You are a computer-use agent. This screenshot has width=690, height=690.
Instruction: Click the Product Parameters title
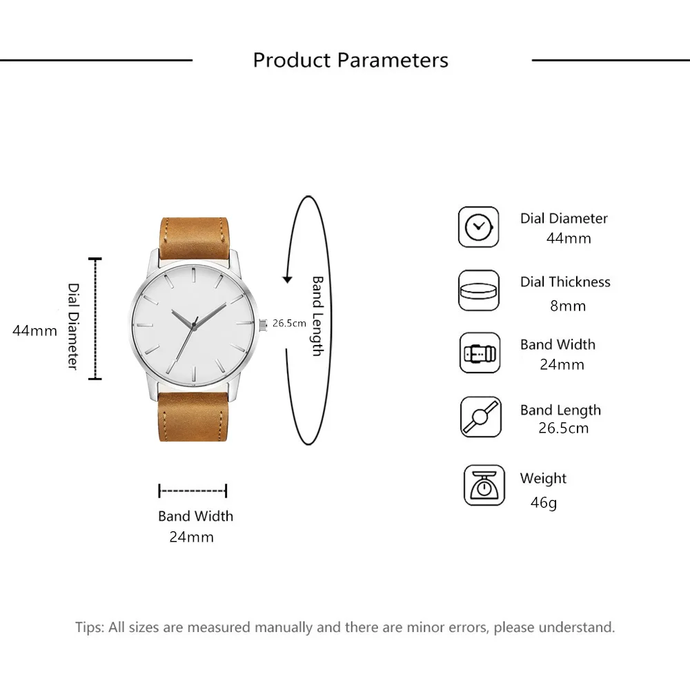click(351, 60)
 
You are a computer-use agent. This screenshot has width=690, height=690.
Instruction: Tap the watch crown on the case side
click(262, 322)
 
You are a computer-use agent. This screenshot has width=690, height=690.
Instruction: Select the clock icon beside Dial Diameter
click(478, 227)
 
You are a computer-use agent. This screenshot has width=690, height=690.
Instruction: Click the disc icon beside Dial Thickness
click(478, 290)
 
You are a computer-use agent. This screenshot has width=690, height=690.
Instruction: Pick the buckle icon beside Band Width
click(479, 353)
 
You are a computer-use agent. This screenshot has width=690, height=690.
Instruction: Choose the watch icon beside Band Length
click(479, 417)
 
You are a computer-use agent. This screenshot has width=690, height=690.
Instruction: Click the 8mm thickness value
click(567, 306)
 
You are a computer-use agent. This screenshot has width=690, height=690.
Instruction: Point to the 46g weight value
click(543, 502)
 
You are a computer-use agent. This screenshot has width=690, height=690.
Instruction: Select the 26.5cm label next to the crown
click(289, 323)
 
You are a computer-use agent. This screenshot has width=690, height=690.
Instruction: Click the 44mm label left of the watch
click(34, 331)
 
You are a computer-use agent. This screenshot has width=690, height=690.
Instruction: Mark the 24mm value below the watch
click(191, 537)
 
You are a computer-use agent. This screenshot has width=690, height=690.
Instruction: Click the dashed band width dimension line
click(193, 491)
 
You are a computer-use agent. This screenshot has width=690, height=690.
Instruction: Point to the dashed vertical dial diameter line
click(95, 319)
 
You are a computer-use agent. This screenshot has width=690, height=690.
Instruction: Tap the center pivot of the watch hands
click(194, 322)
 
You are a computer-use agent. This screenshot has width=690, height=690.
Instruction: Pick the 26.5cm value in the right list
click(563, 428)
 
